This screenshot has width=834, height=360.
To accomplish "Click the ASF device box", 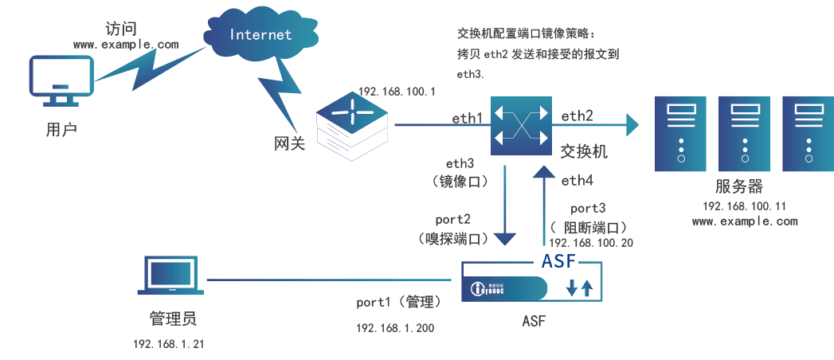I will [x=531, y=286].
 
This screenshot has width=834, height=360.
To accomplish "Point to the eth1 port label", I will [x=468, y=118].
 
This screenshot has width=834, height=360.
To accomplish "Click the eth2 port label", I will [x=577, y=116].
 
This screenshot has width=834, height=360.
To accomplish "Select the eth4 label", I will [x=577, y=181].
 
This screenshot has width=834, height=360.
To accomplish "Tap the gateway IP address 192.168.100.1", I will [x=396, y=92].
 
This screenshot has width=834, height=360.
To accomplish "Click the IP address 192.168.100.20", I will [x=591, y=242].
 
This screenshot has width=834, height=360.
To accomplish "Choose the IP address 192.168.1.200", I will [x=394, y=327].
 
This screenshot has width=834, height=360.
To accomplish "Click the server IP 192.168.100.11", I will [x=744, y=205].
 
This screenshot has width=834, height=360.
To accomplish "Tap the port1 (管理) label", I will [x=397, y=303].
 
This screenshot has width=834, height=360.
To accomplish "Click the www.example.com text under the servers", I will [x=744, y=221].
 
